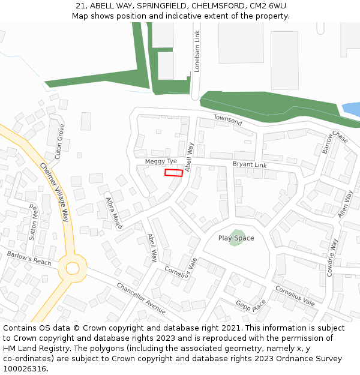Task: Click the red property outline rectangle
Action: (174, 173)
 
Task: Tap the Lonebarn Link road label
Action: (197, 52)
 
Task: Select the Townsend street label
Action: (228, 120)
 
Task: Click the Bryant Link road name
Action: (250, 164)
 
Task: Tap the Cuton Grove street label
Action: (59, 141)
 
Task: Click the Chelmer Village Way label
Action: (55, 192)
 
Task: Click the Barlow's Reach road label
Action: (29, 258)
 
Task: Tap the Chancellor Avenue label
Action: (141, 298)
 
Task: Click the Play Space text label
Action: (236, 238)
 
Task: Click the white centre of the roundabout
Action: (73, 268)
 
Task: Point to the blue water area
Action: (352, 110)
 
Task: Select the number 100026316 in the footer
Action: (25, 368)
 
